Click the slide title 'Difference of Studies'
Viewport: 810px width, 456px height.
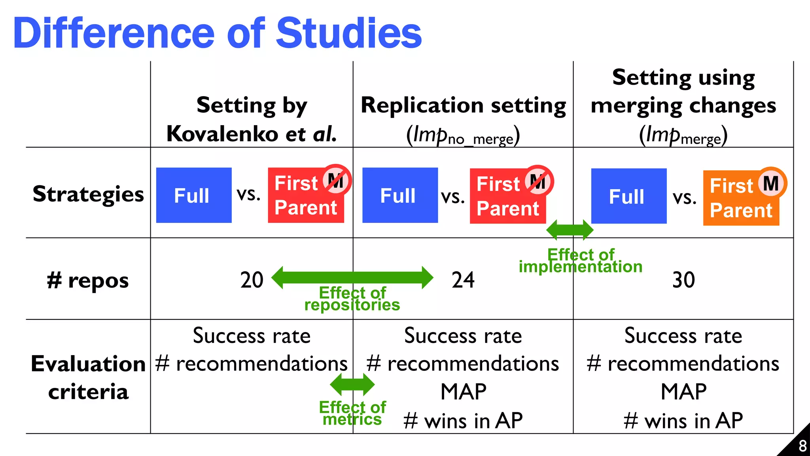click(x=218, y=33)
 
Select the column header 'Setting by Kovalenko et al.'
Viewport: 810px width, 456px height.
click(x=252, y=119)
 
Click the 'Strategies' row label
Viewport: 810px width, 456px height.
click(x=88, y=194)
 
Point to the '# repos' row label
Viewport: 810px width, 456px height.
click(x=88, y=281)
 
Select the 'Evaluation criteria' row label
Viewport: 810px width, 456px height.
click(x=88, y=377)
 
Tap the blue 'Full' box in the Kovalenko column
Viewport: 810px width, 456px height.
click(x=194, y=195)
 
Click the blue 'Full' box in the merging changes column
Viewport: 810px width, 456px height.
click(x=629, y=196)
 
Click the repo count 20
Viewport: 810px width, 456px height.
click(x=252, y=280)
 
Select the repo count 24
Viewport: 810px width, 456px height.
click(x=463, y=280)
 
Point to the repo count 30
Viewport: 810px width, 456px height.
click(x=683, y=280)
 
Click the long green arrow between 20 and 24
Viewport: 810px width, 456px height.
click(x=352, y=277)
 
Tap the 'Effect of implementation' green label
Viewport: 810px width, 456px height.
click(x=581, y=261)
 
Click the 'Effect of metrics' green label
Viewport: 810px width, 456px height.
click(x=352, y=413)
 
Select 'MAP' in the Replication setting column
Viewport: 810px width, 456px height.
click(x=463, y=392)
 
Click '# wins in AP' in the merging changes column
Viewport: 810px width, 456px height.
click(x=683, y=420)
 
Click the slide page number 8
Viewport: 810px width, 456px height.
click(x=802, y=446)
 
